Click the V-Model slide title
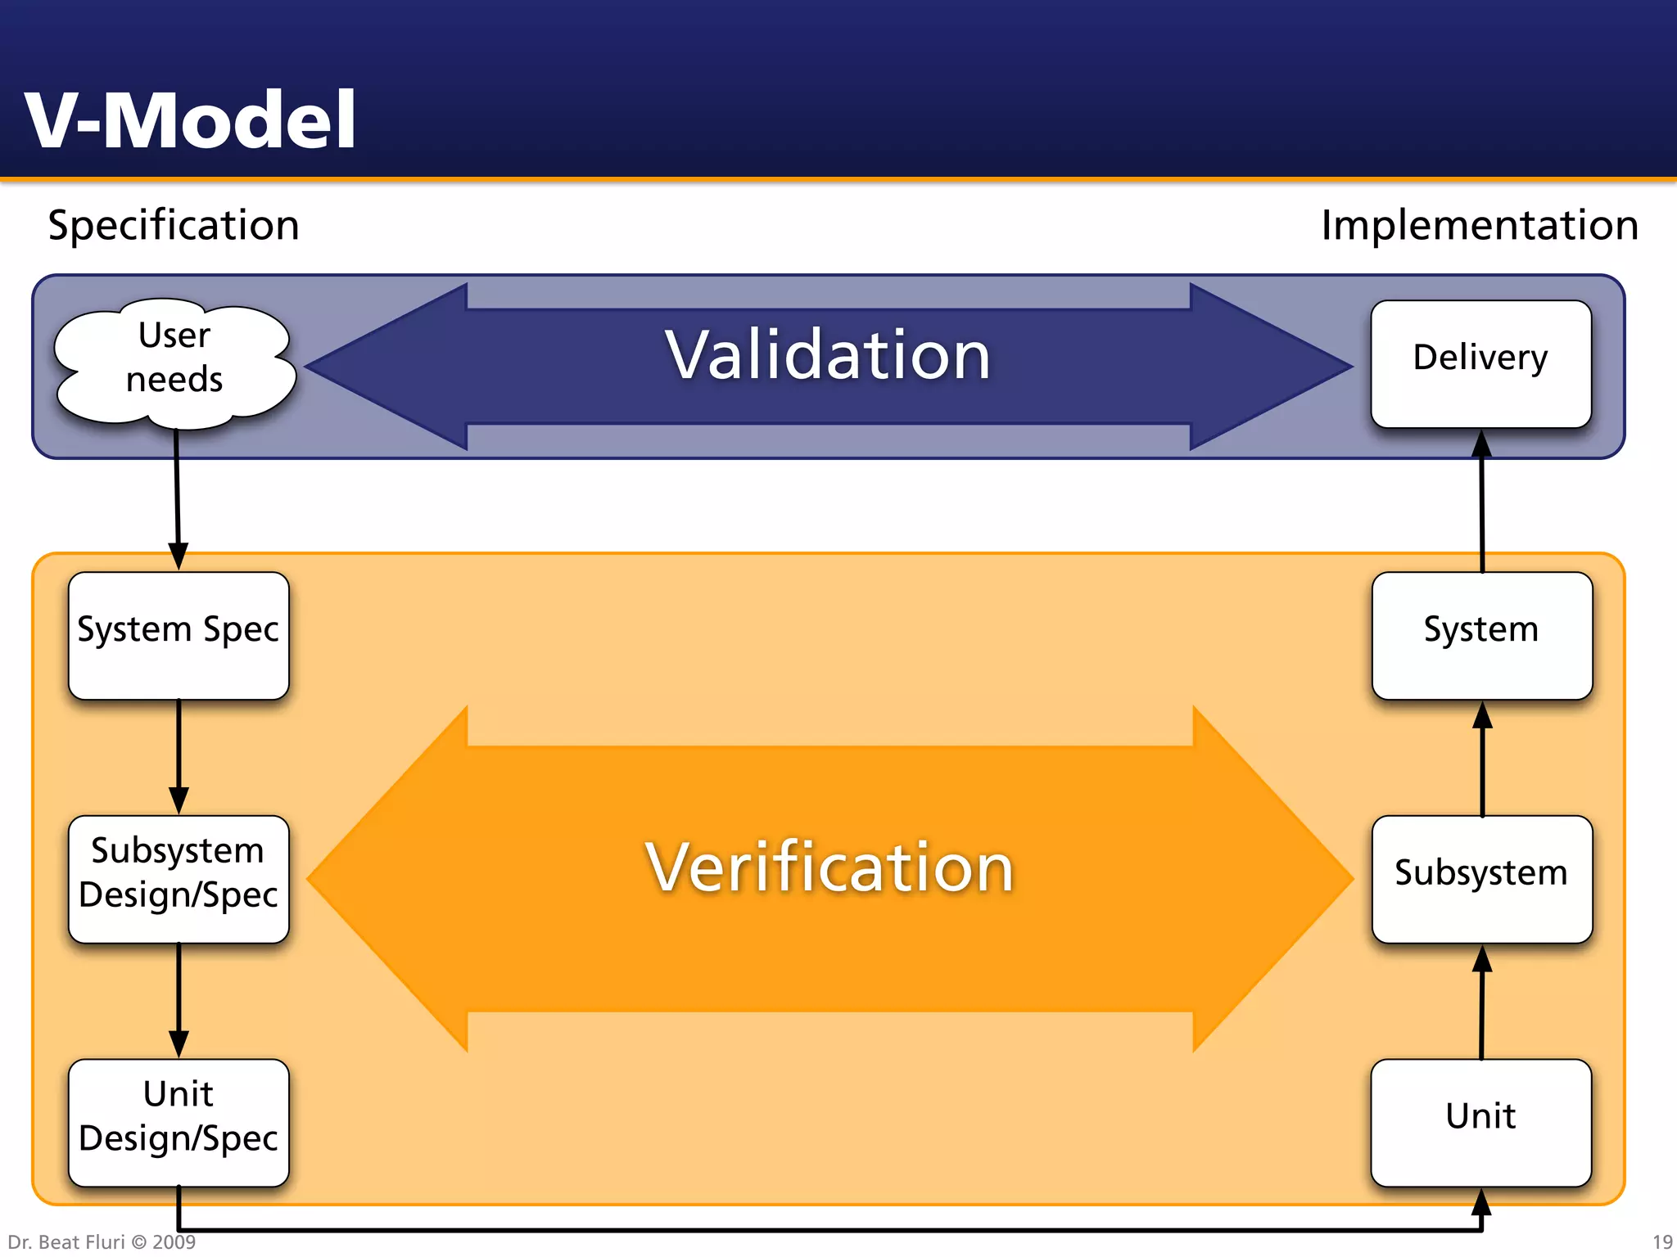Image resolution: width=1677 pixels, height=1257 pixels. click(x=190, y=120)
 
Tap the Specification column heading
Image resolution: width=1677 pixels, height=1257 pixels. click(x=174, y=225)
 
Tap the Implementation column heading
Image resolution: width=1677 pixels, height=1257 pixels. click(x=1480, y=225)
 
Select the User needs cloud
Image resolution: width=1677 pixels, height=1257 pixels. click(x=174, y=361)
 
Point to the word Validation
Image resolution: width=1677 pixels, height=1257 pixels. click(x=828, y=356)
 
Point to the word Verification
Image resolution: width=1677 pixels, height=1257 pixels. click(x=829, y=867)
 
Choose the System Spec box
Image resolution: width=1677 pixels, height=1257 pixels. click(x=179, y=635)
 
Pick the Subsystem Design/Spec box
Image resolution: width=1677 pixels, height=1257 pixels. click(x=179, y=878)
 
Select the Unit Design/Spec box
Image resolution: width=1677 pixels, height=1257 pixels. click(x=179, y=1122)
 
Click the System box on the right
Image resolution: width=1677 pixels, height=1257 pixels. click(x=1481, y=635)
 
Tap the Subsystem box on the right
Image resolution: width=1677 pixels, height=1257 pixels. click(x=1481, y=878)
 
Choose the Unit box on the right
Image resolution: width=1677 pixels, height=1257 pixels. click(x=1480, y=1122)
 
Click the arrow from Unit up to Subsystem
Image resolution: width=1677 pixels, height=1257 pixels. click(x=1482, y=1002)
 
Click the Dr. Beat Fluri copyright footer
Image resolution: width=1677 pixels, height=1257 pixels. click(x=102, y=1241)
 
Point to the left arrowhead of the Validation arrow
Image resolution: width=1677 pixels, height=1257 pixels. click(x=385, y=367)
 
